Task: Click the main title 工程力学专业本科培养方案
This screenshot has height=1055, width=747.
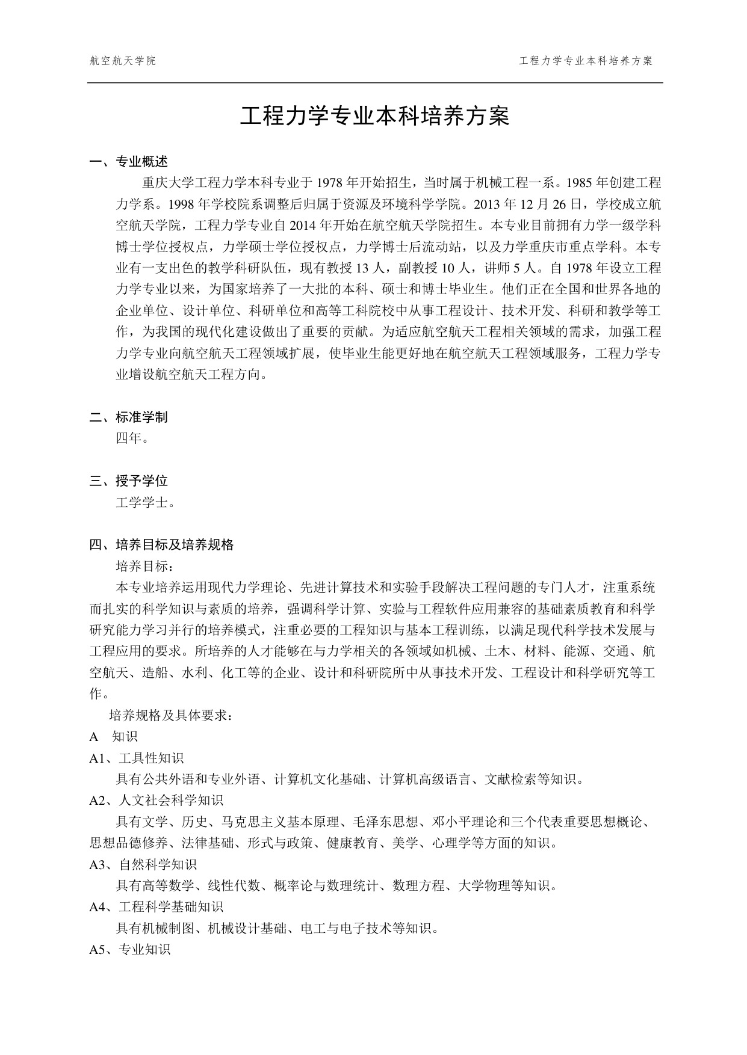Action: pyautogui.click(x=374, y=117)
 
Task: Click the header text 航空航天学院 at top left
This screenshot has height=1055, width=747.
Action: pyautogui.click(x=123, y=61)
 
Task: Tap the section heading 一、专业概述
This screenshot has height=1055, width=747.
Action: pyautogui.click(x=128, y=162)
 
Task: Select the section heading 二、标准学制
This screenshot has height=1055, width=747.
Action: pyautogui.click(x=128, y=417)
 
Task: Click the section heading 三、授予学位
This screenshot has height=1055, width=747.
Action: pyautogui.click(x=128, y=481)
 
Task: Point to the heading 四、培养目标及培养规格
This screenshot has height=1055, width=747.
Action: pyautogui.click(x=161, y=546)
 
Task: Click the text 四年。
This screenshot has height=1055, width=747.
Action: pyautogui.click(x=132, y=438)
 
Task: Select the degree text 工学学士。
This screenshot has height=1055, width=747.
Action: pyautogui.click(x=146, y=503)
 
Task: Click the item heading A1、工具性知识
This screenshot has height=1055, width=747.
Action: pyautogui.click(x=137, y=758)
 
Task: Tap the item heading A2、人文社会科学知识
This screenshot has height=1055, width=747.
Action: pyautogui.click(x=157, y=801)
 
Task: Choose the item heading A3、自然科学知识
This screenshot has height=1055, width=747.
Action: pyautogui.click(x=143, y=865)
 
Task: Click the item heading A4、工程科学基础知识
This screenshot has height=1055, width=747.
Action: pyautogui.click(x=157, y=907)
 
